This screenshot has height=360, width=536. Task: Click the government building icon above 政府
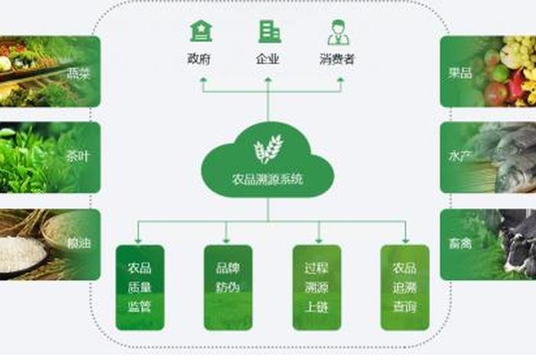pos(201,31)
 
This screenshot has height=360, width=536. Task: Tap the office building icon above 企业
pos(269,31)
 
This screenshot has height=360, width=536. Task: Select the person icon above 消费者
pos(338,31)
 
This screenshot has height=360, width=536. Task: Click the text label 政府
pos(200,59)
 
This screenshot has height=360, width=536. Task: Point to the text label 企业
pos(268,59)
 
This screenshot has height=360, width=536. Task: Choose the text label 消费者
pos(337,59)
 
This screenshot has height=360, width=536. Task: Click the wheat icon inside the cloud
pos(268,149)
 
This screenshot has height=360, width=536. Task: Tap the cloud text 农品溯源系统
pos(268,180)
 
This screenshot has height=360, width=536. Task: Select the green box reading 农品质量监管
pos(139,287)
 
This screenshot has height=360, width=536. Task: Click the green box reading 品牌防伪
pos(227,287)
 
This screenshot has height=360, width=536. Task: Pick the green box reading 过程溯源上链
pos(316,287)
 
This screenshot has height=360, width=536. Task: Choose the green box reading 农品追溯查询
pos(404,287)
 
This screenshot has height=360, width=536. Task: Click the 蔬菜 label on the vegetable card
pos(78,74)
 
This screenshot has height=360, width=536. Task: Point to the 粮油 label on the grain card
pos(78,243)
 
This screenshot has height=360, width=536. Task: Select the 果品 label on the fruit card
pos(460,74)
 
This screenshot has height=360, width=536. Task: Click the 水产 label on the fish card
pos(460,156)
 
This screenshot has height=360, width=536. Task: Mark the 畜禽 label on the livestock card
pos(460,243)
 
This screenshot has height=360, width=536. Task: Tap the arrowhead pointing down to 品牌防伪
pos(227,240)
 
